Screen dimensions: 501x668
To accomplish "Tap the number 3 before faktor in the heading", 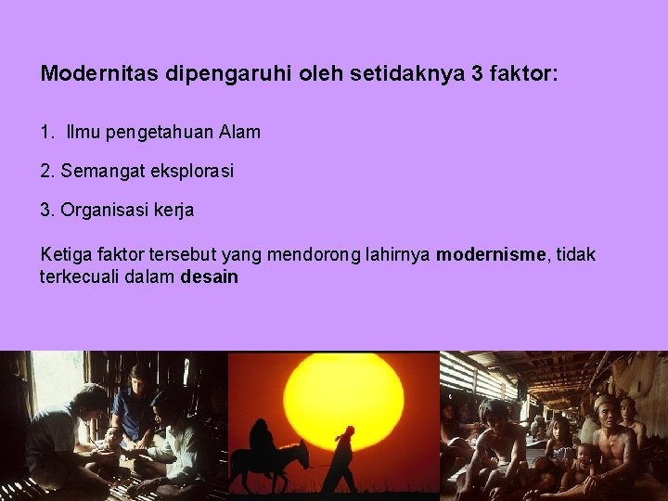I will [478, 73].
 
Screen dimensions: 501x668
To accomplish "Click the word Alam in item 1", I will [240, 132].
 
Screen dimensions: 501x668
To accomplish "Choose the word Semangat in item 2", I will [97, 172].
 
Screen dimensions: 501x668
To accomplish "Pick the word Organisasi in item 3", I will [101, 211].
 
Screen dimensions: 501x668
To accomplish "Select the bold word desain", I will [210, 276].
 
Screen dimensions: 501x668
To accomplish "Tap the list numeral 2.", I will [46, 172].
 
